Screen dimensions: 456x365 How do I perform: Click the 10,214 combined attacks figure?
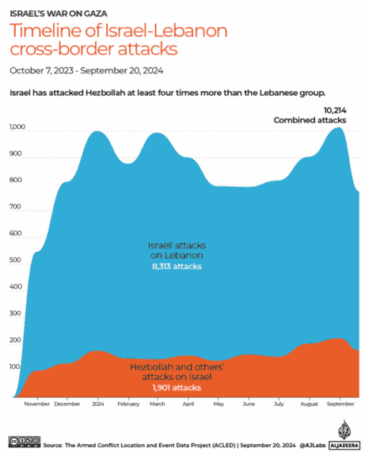[336, 109]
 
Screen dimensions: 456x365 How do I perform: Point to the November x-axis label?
[37, 403]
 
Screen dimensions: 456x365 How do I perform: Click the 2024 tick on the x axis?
[97, 403]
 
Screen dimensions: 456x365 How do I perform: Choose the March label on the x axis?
[157, 403]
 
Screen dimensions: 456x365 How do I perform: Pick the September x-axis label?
[340, 403]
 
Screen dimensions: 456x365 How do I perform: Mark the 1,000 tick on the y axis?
[17, 127]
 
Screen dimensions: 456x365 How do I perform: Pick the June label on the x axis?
[249, 403]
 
